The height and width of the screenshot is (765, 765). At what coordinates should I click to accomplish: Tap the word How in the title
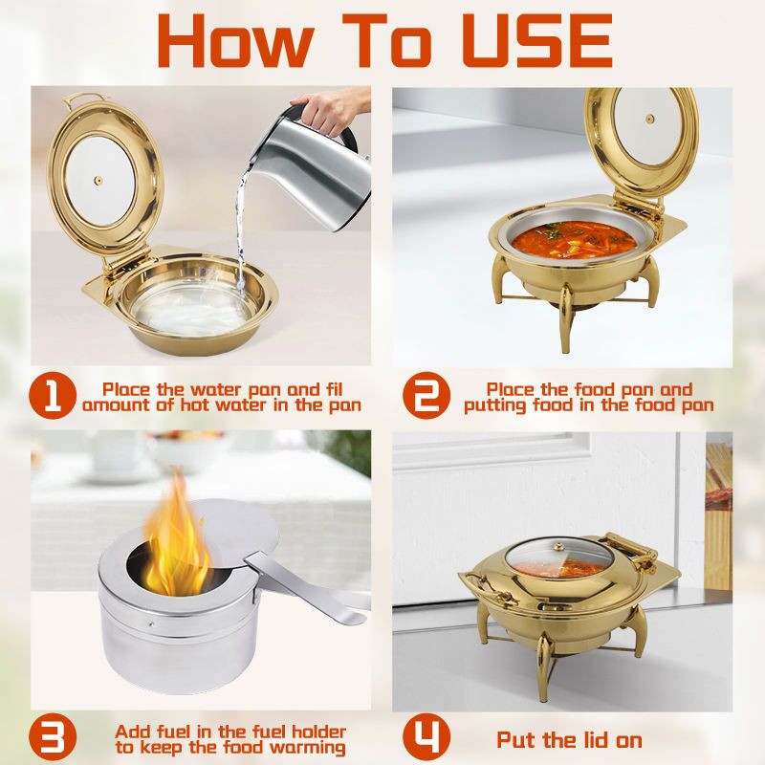(x=235, y=41)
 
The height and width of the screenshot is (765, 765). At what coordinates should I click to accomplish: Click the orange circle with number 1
(x=53, y=396)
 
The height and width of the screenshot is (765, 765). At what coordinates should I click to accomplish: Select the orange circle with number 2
(x=426, y=396)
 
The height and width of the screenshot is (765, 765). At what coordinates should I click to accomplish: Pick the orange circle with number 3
(x=53, y=736)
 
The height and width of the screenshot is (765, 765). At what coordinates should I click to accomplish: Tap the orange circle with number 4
(x=426, y=736)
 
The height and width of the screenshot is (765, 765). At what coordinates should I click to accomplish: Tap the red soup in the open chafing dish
(x=575, y=240)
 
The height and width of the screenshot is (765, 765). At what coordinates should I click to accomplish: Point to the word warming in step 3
(x=308, y=749)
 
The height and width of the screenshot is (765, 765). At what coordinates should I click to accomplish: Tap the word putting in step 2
(x=494, y=406)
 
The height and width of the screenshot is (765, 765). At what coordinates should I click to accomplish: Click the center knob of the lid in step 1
(x=98, y=181)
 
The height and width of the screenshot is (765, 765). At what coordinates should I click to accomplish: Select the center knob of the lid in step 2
(x=650, y=119)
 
